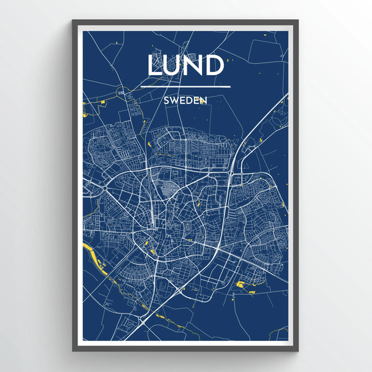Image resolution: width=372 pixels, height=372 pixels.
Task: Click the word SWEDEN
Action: (185, 99)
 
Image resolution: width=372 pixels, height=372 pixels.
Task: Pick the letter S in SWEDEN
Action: (167, 99)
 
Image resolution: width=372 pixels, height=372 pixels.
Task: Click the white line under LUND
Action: (185, 87)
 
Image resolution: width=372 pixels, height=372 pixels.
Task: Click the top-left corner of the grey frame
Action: (73, 20)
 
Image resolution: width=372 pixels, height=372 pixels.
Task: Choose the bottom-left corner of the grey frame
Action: (73, 350)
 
